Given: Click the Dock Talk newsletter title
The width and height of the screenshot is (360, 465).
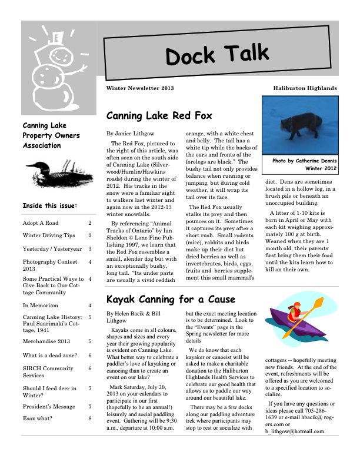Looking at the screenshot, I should [218, 55].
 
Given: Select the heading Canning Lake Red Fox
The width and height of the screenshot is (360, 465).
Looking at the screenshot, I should [159, 115].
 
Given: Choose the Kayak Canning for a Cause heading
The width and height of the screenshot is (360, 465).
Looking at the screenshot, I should [171, 299].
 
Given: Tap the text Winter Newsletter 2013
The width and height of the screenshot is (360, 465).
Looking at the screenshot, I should [140, 88].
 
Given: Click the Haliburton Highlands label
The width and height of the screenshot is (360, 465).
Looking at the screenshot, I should [305, 88].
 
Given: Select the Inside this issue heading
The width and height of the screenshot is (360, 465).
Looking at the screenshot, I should [50, 206].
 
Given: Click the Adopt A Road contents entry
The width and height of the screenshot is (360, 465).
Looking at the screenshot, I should [41, 224].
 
